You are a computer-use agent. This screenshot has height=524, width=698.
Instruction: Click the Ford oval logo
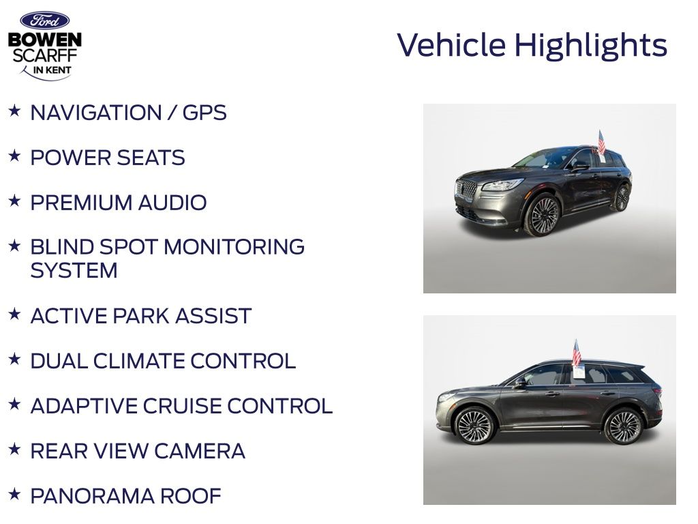[44, 20]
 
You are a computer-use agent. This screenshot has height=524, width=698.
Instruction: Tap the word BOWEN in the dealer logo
[45, 40]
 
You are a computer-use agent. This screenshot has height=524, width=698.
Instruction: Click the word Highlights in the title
[591, 46]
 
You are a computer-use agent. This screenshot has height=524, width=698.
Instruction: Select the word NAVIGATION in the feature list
[95, 113]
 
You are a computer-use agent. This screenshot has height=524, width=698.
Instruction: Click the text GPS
[204, 113]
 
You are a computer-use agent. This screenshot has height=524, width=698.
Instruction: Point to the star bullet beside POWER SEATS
[14, 156]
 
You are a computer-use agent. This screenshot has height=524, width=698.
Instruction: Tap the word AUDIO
[172, 203]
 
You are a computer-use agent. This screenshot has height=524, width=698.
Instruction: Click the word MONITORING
[234, 247]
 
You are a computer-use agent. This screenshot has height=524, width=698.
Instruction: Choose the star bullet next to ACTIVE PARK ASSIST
[14, 314]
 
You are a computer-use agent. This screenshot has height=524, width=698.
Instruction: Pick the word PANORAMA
[92, 496]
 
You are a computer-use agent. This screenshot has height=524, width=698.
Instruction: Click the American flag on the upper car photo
[601, 142]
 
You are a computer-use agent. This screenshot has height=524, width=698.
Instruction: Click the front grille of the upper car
[466, 190]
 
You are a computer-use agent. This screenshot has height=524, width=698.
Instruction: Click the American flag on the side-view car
[576, 353]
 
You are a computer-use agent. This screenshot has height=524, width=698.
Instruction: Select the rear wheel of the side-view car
[623, 426]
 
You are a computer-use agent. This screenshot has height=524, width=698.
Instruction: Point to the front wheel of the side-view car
[474, 426]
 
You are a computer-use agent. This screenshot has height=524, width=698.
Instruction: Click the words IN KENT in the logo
[52, 70]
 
